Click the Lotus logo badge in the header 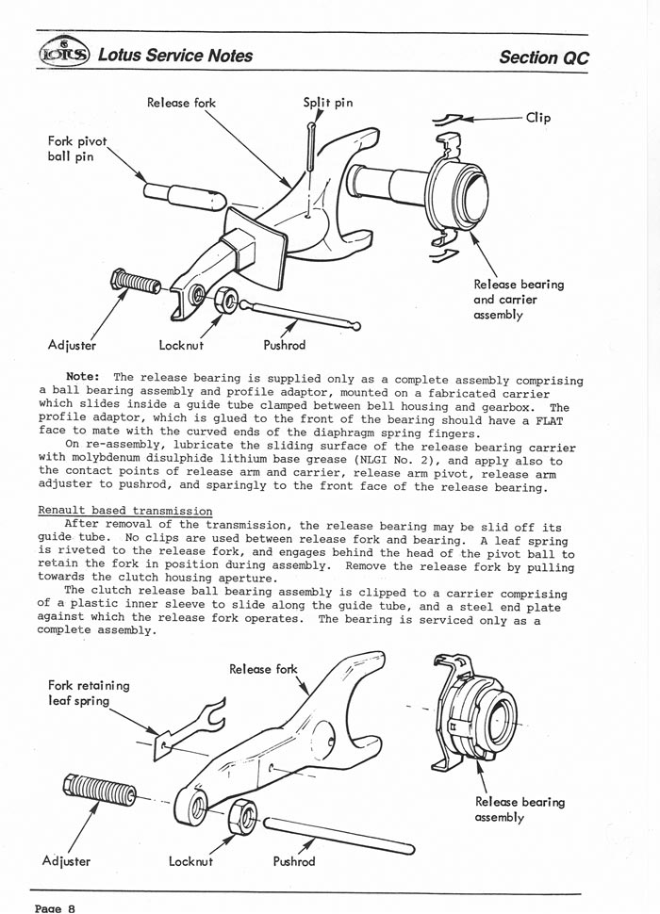pyautogui.click(x=61, y=54)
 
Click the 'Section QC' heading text pyautogui.click(x=544, y=57)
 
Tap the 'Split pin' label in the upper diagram pyautogui.click(x=328, y=102)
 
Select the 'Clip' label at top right pyautogui.click(x=538, y=118)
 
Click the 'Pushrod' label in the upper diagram pyautogui.click(x=284, y=345)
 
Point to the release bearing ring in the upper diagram pyautogui.click(x=462, y=196)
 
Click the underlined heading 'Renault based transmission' pyautogui.click(x=125, y=510)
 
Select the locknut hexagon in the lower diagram pyautogui.click(x=241, y=815)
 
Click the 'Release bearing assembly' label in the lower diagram pyautogui.click(x=520, y=809)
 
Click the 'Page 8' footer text pyautogui.click(x=55, y=907)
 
